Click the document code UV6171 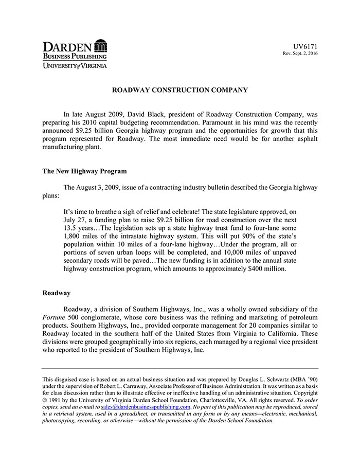click(305, 46)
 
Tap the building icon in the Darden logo click(101, 45)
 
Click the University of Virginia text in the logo click(75, 65)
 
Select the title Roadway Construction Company click(180, 90)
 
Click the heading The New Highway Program click(84, 171)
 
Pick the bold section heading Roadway click(56, 293)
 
